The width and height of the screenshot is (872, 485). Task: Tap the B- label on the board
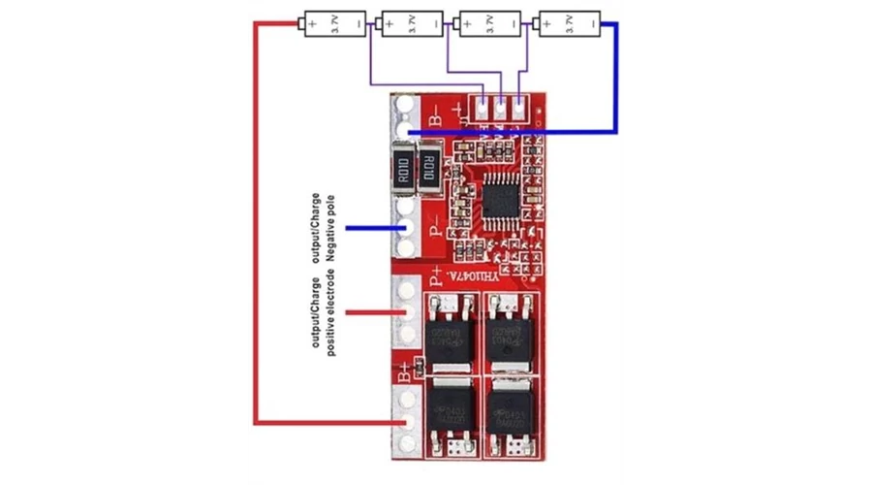pos(434,117)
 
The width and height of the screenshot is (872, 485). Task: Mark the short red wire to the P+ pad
pos(373,312)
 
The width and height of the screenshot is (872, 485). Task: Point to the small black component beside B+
pos(420,366)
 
